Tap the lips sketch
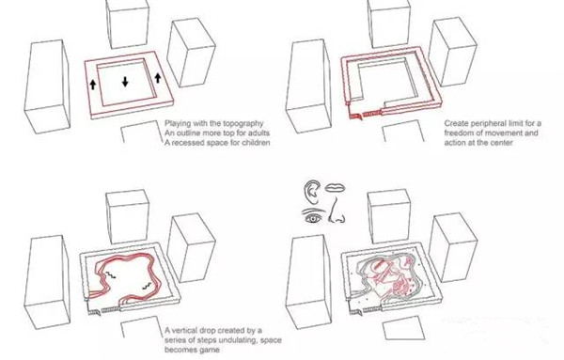click(336, 188)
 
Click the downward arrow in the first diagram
click(125, 82)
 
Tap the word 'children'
click(255, 143)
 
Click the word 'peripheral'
click(485, 124)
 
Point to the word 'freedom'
click(458, 133)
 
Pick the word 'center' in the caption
click(500, 143)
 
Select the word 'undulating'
click(237, 340)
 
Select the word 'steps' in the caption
click(205, 340)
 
